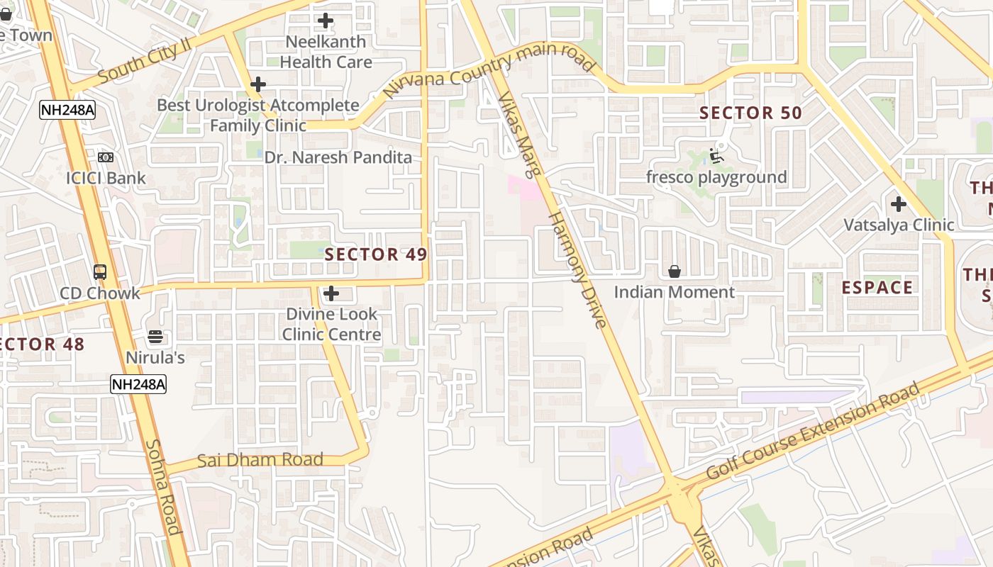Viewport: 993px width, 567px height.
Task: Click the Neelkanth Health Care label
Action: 326,52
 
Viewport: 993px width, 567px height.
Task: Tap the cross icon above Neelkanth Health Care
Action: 326,21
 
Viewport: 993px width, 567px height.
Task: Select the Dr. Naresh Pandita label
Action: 338,157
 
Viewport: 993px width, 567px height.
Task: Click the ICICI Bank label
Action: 106,178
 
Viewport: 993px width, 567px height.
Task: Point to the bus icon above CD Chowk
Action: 100,271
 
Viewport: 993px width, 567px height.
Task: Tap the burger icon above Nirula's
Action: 155,337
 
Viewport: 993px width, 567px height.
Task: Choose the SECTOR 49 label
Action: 376,254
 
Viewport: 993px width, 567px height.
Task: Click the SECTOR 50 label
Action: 750,113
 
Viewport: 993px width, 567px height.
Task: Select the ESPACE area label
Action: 877,287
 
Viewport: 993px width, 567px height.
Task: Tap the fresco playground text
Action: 716,177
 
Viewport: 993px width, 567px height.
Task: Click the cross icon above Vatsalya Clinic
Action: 899,204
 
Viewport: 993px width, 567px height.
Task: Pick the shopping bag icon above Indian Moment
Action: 674,271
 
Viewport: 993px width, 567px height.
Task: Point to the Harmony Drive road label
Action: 579,269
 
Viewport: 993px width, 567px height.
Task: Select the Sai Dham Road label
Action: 260,460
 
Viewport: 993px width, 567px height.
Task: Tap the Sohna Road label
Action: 163,487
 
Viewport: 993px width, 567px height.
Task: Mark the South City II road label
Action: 145,61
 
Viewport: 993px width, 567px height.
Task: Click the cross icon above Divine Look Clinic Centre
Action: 331,293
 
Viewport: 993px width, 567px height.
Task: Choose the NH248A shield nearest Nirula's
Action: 138,385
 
